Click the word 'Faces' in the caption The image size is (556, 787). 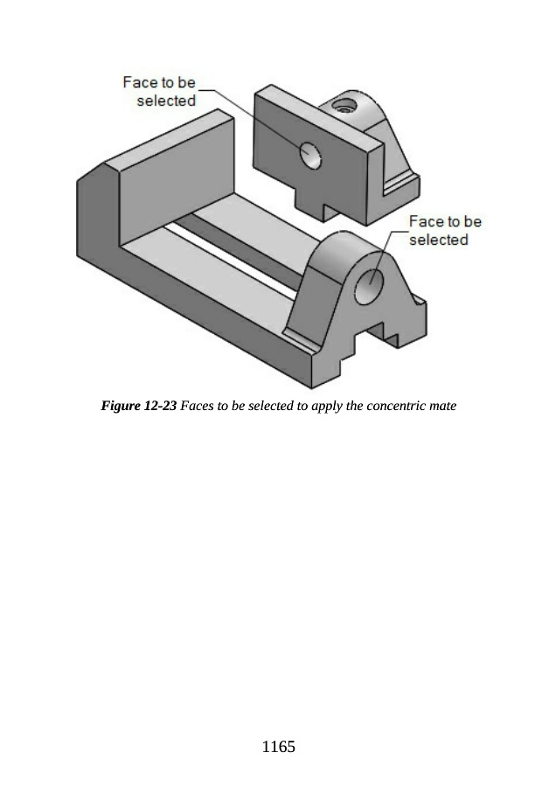pyautogui.click(x=198, y=407)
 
